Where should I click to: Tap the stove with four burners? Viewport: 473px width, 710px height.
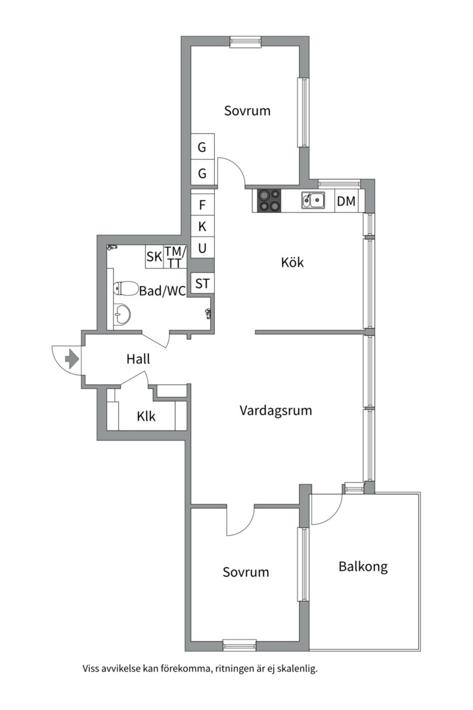pos(269,200)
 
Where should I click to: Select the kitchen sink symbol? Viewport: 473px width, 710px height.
pos(313,200)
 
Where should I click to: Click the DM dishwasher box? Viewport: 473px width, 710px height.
pos(347,201)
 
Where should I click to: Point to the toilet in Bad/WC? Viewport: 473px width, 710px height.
pos(125,289)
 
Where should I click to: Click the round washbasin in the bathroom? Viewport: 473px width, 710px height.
pos(122,314)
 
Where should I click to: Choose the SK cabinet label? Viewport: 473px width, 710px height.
pos(154,257)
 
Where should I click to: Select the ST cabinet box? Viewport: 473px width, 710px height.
pos(202,283)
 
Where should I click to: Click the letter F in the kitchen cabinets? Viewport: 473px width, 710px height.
pos(202,204)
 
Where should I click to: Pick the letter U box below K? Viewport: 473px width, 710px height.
pos(202,248)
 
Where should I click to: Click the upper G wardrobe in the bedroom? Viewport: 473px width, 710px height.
pos(202,147)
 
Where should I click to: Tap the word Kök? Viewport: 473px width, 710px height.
pos(292,262)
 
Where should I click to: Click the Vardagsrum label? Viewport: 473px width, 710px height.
pos(276,411)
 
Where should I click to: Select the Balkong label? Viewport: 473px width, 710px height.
pos(363,567)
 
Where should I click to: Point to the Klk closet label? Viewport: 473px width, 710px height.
pos(146,415)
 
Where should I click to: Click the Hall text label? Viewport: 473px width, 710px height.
pos(138,359)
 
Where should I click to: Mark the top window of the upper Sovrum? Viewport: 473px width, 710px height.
pos(245,41)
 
